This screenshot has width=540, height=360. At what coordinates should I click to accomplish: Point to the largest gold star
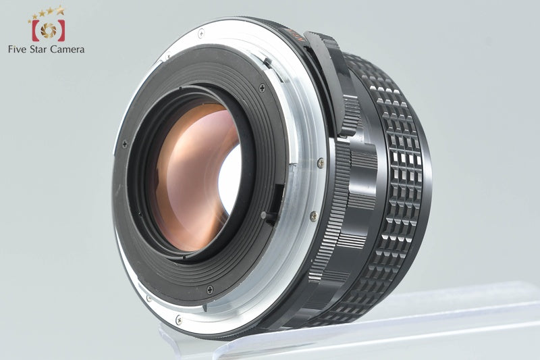pyautogui.click(x=60, y=10)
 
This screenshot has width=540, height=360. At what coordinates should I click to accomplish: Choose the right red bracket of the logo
pyautogui.click(x=62, y=30)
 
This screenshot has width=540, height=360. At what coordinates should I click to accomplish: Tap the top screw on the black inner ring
pyautogui.click(x=262, y=88)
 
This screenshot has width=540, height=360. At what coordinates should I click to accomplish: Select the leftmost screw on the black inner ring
pyautogui.click(x=124, y=143)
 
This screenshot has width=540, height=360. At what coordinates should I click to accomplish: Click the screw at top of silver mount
pyautogui.click(x=200, y=32)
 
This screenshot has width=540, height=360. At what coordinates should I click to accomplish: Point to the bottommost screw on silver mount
pyautogui.click(x=178, y=320)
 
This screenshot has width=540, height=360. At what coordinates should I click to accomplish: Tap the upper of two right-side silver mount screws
pyautogui.click(x=321, y=162)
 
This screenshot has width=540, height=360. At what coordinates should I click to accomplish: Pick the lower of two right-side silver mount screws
pyautogui.click(x=313, y=216)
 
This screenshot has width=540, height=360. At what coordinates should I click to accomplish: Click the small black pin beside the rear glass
pyautogui.click(x=265, y=215)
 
